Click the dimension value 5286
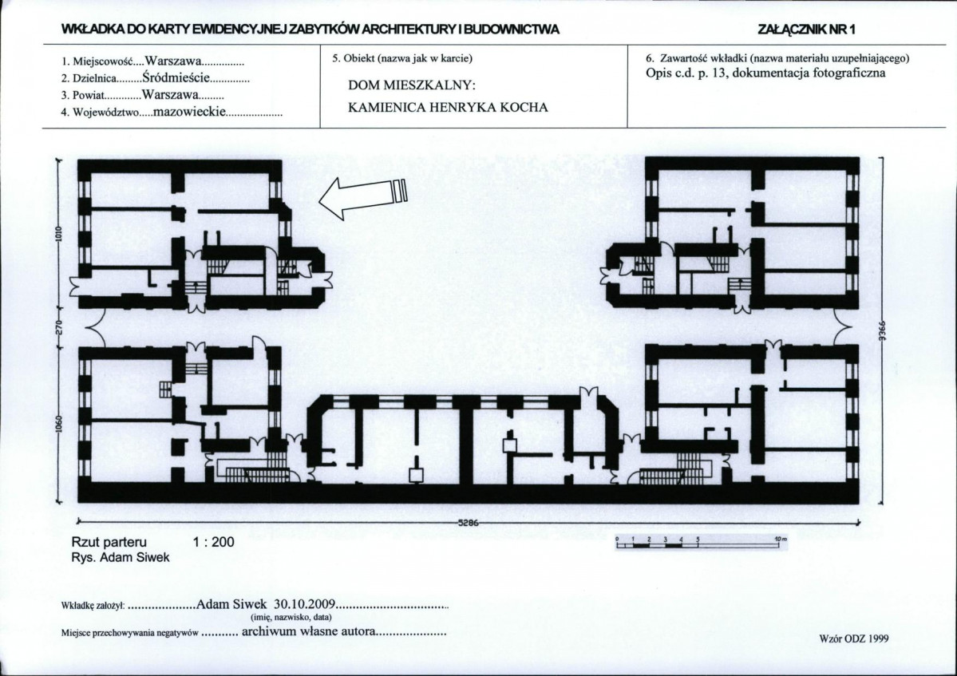(x=469, y=523)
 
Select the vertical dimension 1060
(x=59, y=424)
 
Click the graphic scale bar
(x=702, y=543)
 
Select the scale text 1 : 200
(x=214, y=542)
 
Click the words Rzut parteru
(x=109, y=543)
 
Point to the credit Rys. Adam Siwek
(x=121, y=557)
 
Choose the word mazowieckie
(x=189, y=112)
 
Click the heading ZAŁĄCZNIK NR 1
(x=808, y=30)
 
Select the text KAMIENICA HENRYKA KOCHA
(x=448, y=108)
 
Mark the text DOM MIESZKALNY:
(x=411, y=85)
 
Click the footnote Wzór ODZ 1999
(x=853, y=638)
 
